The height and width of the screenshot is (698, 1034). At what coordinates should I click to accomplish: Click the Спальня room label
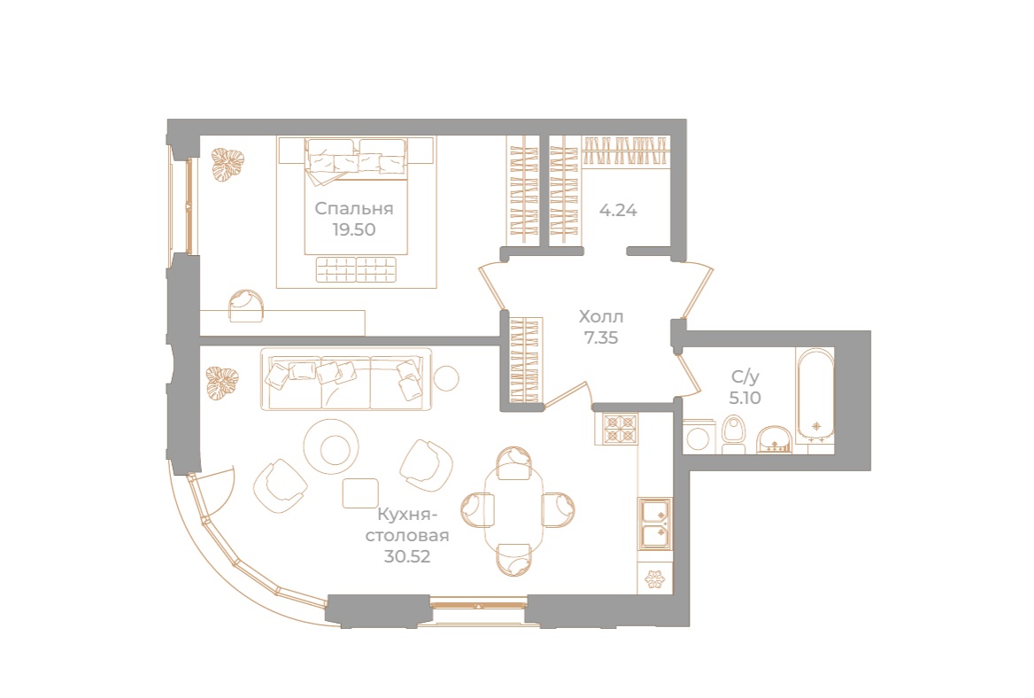click(x=354, y=209)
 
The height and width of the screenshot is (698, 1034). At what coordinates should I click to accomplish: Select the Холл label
click(x=601, y=316)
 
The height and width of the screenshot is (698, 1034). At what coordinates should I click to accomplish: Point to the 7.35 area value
click(x=601, y=337)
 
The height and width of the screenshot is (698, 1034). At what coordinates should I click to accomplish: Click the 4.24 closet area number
click(x=619, y=211)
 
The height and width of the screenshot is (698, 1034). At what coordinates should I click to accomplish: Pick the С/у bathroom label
click(x=744, y=376)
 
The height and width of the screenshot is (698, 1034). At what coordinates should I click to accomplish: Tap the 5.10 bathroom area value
click(x=744, y=398)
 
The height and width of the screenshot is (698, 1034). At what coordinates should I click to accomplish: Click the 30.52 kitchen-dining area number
click(x=408, y=557)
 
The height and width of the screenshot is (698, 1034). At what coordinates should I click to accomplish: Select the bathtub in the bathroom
click(x=814, y=397)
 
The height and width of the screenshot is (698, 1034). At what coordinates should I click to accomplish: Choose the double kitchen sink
click(x=655, y=523)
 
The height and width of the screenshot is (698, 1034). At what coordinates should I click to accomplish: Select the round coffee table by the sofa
click(x=331, y=446)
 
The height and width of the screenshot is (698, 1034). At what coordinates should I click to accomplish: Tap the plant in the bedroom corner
click(x=227, y=165)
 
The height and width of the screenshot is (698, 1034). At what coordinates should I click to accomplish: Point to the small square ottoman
click(x=360, y=492)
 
